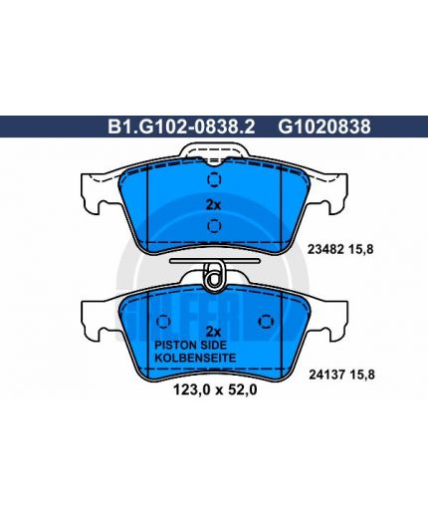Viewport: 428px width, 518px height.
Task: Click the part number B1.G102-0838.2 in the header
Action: click(181, 127)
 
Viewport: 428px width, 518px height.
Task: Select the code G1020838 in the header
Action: click(324, 127)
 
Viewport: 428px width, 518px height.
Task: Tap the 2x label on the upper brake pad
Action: click(213, 205)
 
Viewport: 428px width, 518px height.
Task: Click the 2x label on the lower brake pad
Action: click(213, 332)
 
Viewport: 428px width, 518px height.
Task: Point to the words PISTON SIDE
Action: click(190, 346)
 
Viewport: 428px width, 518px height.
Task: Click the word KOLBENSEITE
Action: click(195, 358)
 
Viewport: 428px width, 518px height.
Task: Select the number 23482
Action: click(325, 249)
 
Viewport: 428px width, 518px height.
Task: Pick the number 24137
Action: click(327, 375)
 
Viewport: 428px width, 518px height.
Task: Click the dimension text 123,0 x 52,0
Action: click(215, 390)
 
